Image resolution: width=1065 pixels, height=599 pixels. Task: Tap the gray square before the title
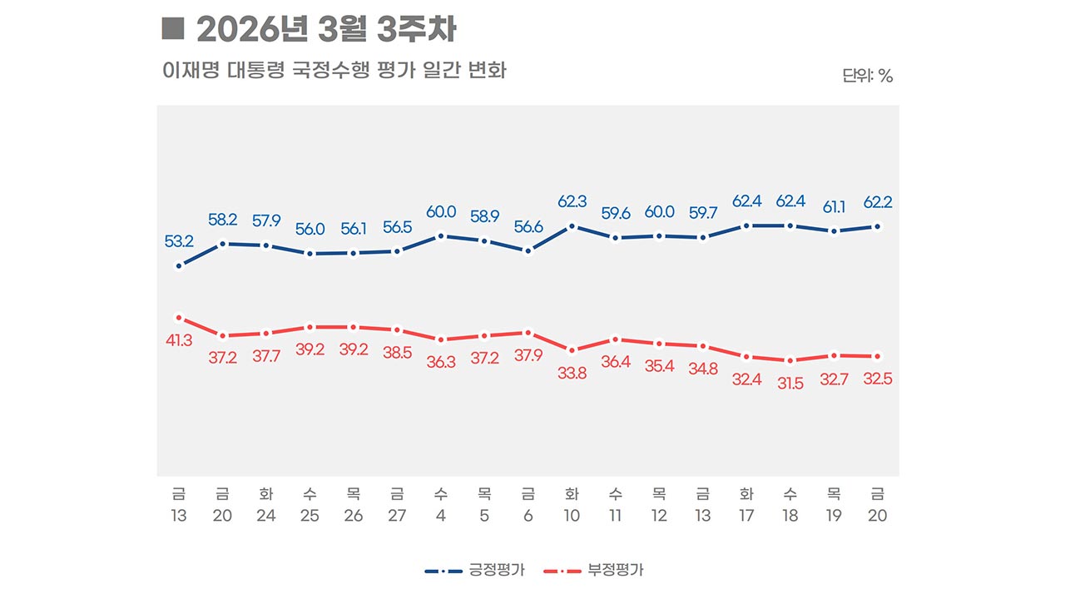172,29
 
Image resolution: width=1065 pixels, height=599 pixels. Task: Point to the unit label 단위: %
867,76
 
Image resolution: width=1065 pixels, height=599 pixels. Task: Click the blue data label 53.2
179,242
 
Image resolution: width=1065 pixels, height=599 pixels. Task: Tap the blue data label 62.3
572,201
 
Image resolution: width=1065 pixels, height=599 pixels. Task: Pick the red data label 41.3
179,340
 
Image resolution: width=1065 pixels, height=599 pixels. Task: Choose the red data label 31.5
790,384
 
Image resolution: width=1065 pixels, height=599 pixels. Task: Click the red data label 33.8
572,374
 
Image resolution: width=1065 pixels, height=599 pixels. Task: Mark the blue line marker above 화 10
572,225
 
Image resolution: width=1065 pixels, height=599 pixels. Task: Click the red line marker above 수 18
790,360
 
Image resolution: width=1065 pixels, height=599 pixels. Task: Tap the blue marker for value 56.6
528,250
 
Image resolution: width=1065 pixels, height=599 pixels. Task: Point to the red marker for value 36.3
441,339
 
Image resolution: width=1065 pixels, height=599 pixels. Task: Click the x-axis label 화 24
266,504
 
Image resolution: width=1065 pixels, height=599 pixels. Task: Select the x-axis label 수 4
441,504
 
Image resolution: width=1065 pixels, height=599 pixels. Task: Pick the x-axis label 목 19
834,504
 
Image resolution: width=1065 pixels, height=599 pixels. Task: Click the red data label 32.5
878,379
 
